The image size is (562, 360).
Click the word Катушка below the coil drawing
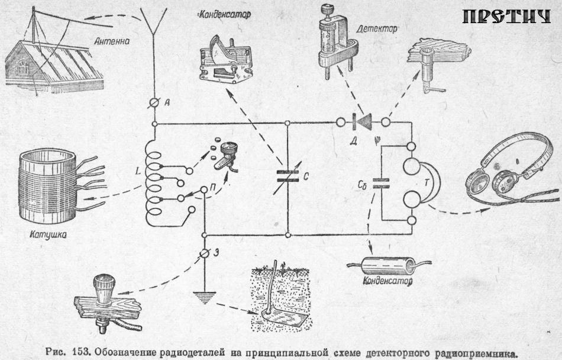click(47, 234)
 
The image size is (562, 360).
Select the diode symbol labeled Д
click(363, 123)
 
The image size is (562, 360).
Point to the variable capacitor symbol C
click(288, 175)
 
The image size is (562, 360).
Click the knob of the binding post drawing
click(104, 282)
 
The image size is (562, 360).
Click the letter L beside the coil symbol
click(137, 171)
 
